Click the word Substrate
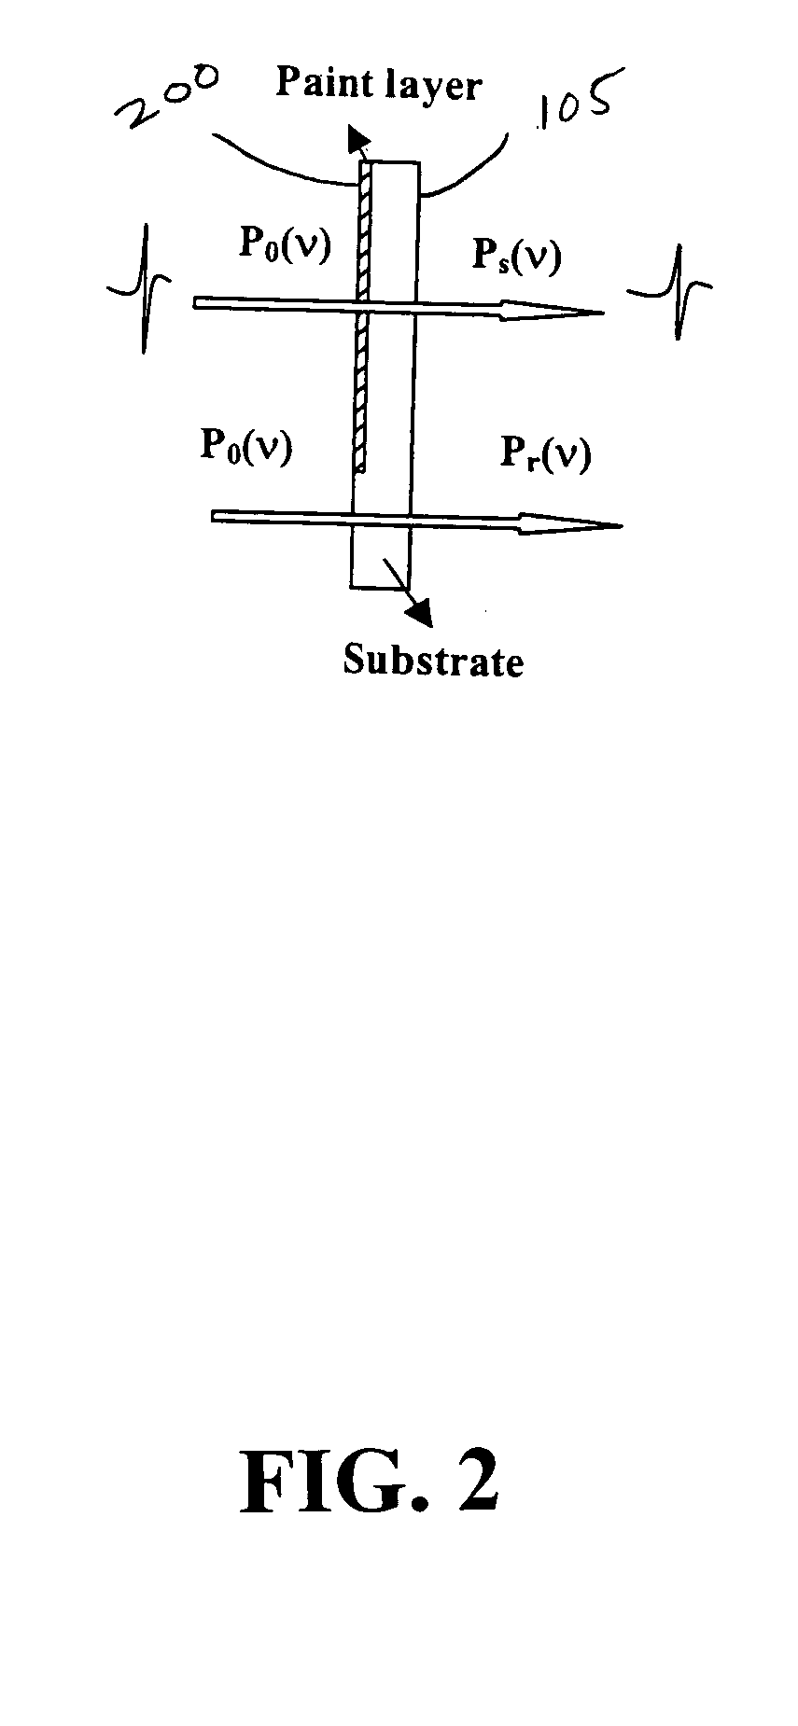click(x=433, y=661)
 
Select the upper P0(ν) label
click(x=285, y=245)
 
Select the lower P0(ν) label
click(x=246, y=446)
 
